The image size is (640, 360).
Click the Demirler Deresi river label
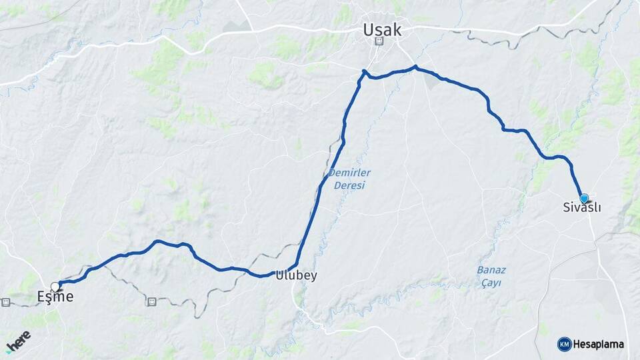click(x=349, y=179)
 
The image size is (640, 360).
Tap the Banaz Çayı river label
click(x=491, y=276)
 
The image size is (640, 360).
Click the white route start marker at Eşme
click(x=55, y=287)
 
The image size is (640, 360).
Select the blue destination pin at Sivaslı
click(x=584, y=198)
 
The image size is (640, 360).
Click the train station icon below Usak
click(x=379, y=41)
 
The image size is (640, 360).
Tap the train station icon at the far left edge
click(x=6, y=301)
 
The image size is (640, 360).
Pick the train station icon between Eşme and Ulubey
click(x=151, y=301)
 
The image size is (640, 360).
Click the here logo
click(x=18, y=341)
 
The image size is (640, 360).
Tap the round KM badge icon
click(x=564, y=344)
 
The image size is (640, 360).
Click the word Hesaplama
click(x=599, y=344)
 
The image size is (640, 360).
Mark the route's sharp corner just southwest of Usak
click(x=364, y=71)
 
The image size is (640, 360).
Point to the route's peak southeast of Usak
click(x=415, y=67)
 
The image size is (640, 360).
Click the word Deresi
click(x=349, y=185)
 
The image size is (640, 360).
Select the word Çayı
click(x=491, y=283)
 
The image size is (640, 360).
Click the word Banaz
click(x=491, y=270)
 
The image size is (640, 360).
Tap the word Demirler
click(x=349, y=173)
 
